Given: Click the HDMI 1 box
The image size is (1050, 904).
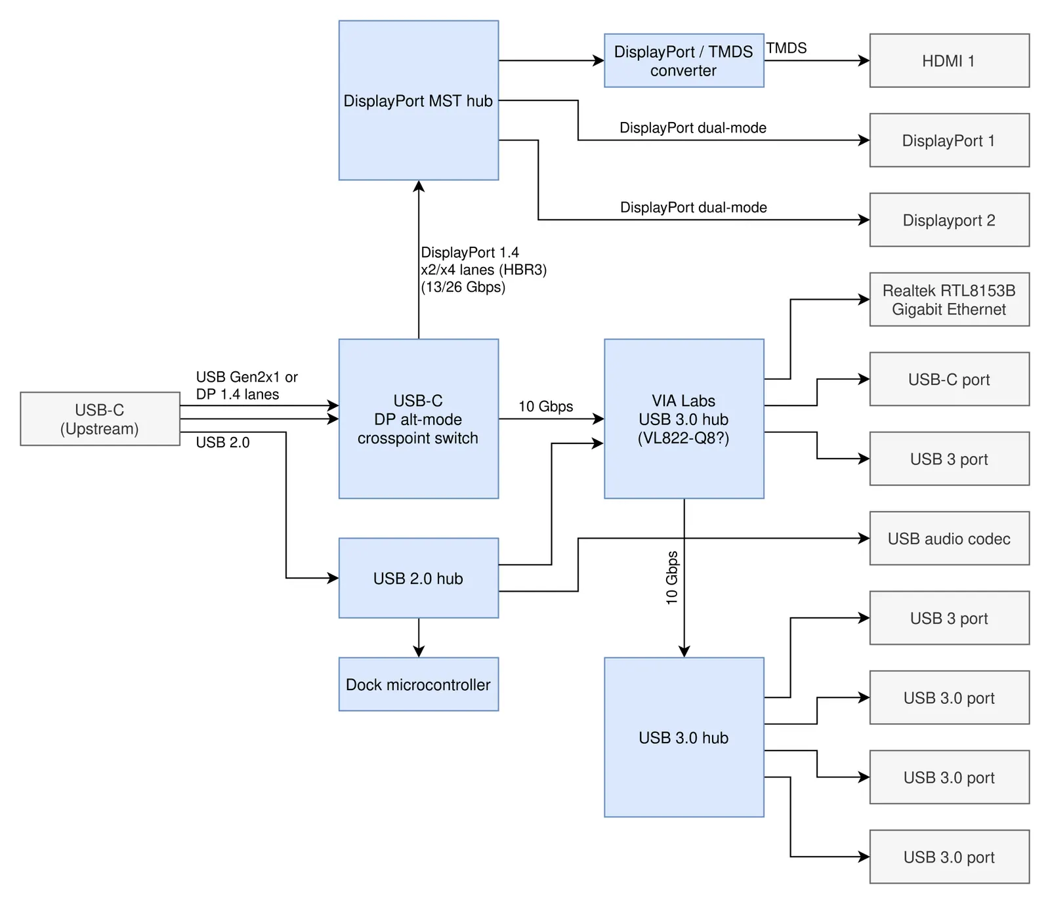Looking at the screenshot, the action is [x=949, y=60].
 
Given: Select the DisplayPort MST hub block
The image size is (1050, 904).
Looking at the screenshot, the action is [x=419, y=100].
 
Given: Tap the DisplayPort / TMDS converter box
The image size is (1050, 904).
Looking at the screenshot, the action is [x=684, y=60].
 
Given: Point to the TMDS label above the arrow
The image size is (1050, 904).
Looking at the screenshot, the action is [x=786, y=48].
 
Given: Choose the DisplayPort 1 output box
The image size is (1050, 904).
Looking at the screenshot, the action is [x=949, y=140].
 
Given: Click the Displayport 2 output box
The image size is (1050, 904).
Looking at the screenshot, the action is [x=949, y=220].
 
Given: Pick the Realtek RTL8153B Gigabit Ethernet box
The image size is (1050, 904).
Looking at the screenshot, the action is [x=949, y=299].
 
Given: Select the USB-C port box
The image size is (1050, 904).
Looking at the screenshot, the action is [x=949, y=379].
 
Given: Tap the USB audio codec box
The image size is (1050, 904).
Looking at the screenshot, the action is [x=949, y=539].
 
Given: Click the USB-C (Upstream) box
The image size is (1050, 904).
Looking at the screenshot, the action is [x=100, y=419].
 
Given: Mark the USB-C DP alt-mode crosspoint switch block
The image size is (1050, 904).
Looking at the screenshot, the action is [x=419, y=419].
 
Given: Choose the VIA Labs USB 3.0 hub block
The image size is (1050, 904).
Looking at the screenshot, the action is [x=684, y=419].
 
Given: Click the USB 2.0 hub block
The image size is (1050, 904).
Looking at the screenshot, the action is [x=419, y=578].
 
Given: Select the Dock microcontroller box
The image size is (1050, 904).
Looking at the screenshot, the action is [x=419, y=684].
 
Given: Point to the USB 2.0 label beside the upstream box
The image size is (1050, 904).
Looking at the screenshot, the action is [x=222, y=443].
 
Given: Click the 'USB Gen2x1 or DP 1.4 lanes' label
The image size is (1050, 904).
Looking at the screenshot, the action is [x=247, y=386].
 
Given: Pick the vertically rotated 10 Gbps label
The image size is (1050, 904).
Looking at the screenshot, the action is [x=671, y=577].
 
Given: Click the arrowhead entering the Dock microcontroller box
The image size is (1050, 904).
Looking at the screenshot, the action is [x=419, y=651].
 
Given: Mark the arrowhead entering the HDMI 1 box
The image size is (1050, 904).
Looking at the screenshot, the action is [x=864, y=60].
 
